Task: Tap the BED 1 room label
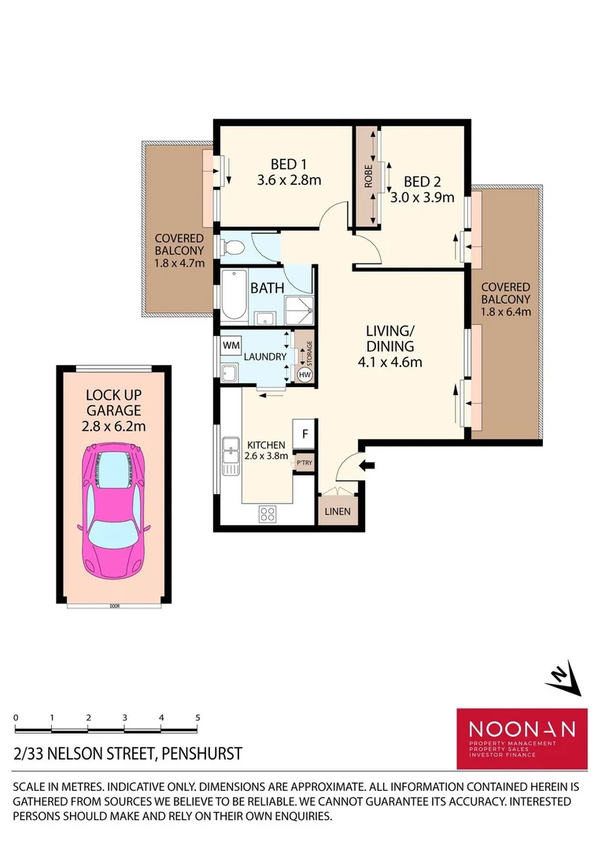point(289,164)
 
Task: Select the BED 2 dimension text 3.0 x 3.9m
point(423,198)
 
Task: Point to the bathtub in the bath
point(234,294)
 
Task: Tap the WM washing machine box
point(231,345)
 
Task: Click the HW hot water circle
point(305,375)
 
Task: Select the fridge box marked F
point(304,434)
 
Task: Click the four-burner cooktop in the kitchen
point(267,515)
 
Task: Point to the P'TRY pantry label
point(304,464)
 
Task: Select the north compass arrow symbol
point(564,677)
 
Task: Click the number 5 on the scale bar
point(197,718)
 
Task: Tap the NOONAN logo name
point(522,729)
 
